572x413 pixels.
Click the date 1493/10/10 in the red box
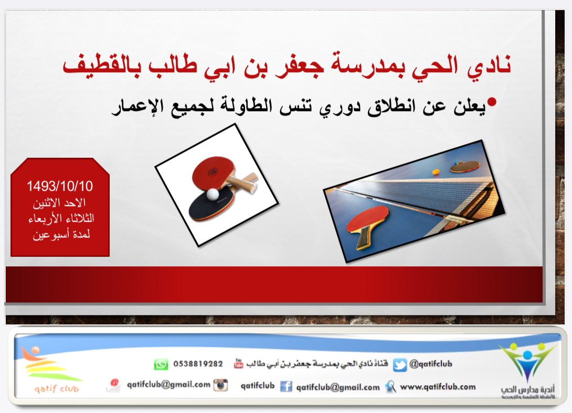click(60, 186)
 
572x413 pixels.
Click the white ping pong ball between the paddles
click(213, 194)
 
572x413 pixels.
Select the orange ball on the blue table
click(436, 171)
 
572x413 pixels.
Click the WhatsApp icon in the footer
click(161, 364)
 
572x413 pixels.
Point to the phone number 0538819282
click(198, 364)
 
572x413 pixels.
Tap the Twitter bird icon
click(400, 365)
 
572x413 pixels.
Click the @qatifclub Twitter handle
click(431, 363)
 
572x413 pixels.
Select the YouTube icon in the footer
click(239, 363)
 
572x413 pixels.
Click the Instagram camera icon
click(221, 385)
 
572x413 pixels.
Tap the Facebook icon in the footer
click(286, 386)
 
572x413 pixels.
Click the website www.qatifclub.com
click(438, 387)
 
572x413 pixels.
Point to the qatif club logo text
click(57, 388)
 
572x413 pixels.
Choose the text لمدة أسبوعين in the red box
click(61, 235)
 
